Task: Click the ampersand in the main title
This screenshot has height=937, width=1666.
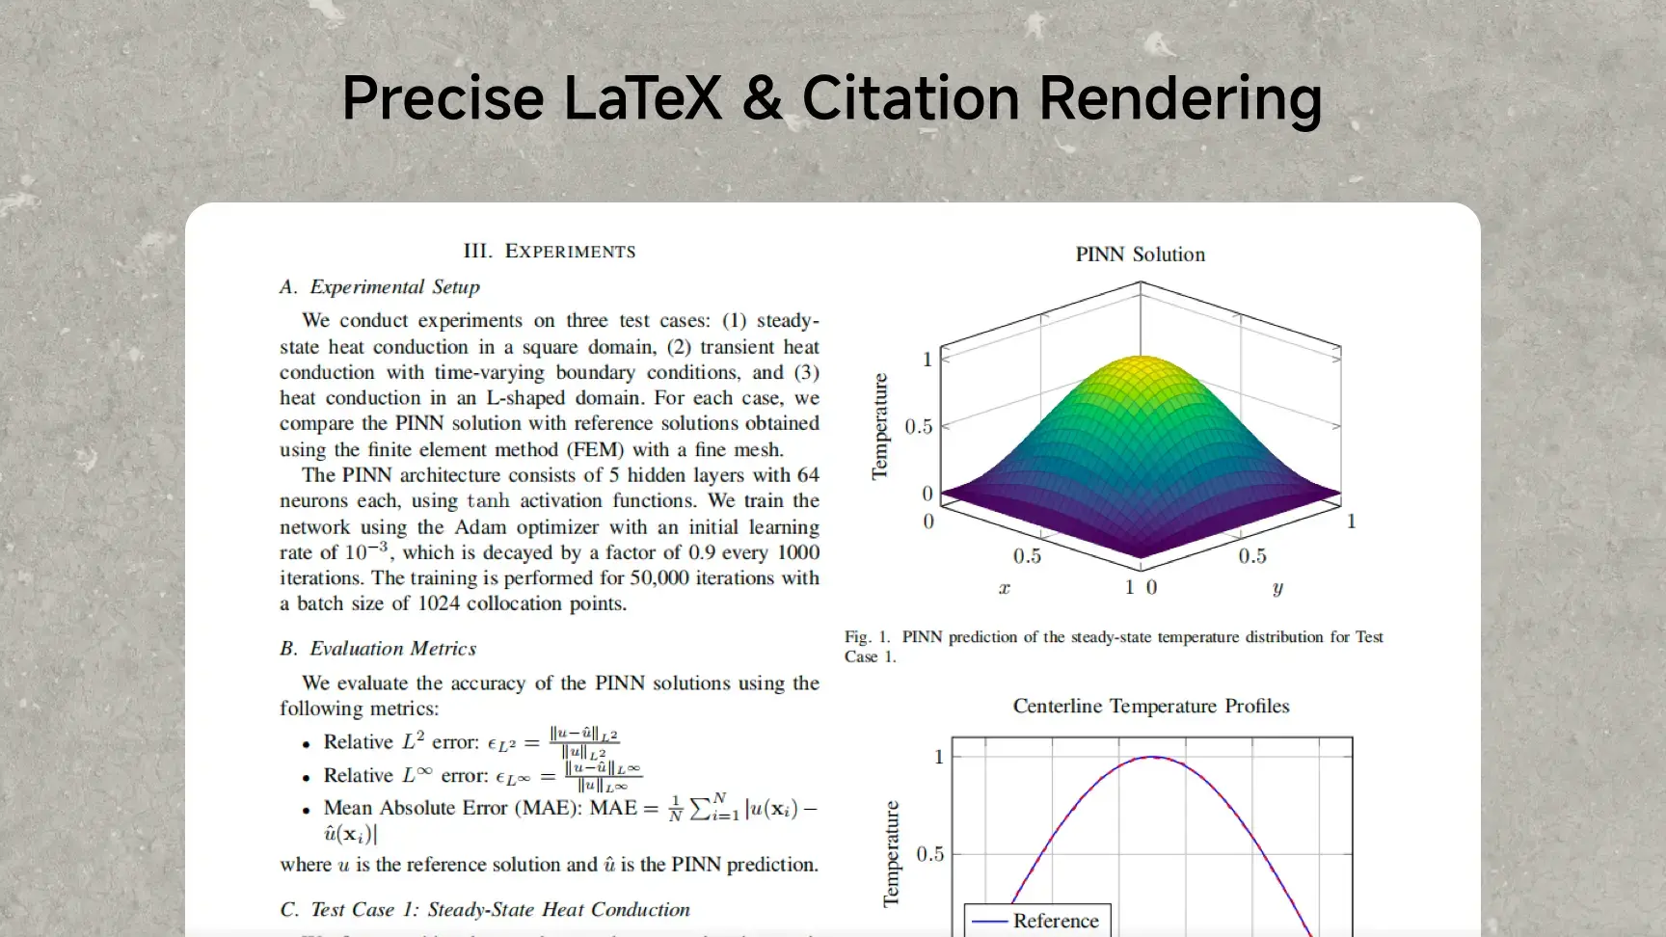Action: pos(763,98)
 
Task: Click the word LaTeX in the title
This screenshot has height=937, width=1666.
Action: pos(642,98)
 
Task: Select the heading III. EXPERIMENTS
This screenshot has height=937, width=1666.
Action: pos(550,252)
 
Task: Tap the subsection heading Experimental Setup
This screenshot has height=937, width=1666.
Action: pos(380,287)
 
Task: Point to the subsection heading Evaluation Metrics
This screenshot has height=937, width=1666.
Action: pos(378,649)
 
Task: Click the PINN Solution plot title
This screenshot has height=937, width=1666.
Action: pos(1141,254)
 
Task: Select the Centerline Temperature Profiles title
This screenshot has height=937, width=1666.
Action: pos(1151,706)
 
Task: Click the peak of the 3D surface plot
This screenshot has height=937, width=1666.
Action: pos(1141,357)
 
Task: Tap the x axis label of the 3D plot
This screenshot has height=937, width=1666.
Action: pos(1005,588)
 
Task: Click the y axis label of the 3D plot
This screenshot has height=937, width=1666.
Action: pos(1277,588)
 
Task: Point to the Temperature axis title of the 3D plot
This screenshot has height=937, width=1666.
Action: pos(879,426)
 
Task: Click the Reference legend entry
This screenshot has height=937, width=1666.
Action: pos(1036,921)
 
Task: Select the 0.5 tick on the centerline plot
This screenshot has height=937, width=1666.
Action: pos(929,854)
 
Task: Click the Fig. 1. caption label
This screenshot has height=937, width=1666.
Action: pos(868,637)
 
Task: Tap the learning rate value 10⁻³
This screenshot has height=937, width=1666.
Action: pos(366,550)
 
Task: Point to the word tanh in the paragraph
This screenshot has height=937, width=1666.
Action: pos(488,501)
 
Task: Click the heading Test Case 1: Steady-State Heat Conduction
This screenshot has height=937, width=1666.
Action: pos(485,910)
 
